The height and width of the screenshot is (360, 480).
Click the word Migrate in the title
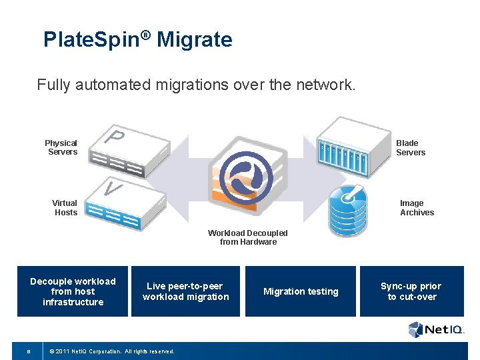click(x=195, y=40)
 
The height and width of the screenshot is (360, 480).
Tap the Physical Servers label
click(x=61, y=147)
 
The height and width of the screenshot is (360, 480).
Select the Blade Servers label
click(x=410, y=147)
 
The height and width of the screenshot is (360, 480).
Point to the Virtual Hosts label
click(x=65, y=207)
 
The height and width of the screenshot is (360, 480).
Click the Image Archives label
click(x=417, y=207)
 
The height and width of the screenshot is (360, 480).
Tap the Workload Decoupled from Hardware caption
click(x=248, y=237)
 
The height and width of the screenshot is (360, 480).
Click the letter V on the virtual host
click(x=113, y=189)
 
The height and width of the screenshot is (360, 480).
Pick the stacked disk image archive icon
click(x=348, y=208)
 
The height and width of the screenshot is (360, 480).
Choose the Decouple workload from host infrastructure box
click(x=73, y=291)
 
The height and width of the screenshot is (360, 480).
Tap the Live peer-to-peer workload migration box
click(x=185, y=291)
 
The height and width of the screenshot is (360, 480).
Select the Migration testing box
click(x=301, y=291)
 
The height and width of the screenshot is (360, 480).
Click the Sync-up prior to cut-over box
click(x=411, y=291)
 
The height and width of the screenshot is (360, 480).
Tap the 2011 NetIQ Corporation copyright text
click(x=111, y=351)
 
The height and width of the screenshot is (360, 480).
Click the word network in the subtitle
click(x=326, y=85)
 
